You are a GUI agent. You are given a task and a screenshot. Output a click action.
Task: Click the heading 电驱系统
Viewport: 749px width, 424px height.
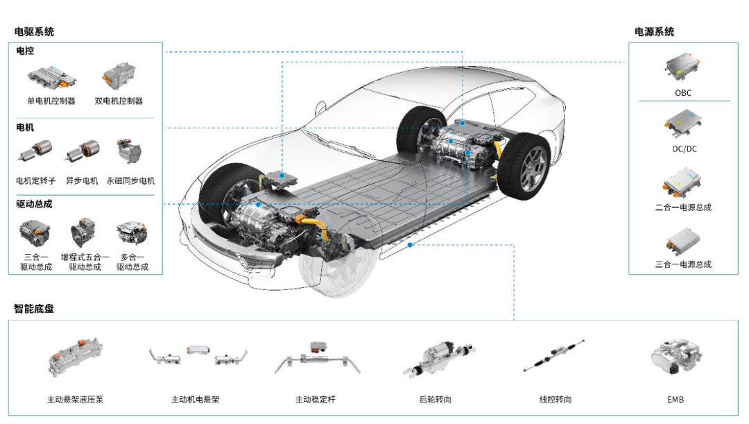click(34, 32)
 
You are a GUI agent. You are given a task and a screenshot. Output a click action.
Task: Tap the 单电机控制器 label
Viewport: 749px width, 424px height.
click(51, 101)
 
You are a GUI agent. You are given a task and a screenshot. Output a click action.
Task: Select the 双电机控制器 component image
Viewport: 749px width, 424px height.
click(119, 76)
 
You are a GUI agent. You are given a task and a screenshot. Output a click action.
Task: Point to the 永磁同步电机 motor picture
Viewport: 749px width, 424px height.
click(130, 151)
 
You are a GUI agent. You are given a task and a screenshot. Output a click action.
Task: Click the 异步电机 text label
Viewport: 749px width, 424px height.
click(82, 180)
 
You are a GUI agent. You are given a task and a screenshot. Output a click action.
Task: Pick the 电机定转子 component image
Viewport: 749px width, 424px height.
click(35, 151)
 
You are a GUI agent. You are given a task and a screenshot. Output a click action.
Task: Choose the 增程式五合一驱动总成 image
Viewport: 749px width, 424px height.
click(83, 232)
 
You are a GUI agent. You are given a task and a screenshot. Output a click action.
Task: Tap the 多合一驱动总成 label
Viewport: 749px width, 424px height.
click(132, 262)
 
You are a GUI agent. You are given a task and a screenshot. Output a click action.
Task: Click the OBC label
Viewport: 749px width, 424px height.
click(682, 93)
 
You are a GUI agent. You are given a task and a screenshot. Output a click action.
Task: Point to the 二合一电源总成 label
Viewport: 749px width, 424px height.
click(683, 207)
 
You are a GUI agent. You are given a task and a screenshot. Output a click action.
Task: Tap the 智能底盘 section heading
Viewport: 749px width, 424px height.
click(34, 309)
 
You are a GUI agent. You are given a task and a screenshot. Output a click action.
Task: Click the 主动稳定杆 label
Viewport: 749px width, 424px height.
click(316, 400)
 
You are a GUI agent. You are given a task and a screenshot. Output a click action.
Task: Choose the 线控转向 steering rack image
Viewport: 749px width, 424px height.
click(554, 355)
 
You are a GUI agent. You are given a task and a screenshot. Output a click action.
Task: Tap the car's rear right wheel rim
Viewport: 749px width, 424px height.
click(532, 168)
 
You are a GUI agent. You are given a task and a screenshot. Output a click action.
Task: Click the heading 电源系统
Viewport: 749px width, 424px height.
click(654, 32)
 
